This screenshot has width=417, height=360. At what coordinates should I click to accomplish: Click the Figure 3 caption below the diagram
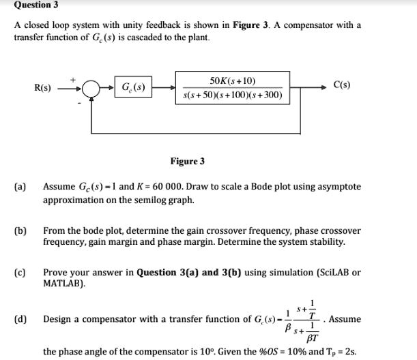point(187,162)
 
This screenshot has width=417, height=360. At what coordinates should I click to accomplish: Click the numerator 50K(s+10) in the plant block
point(233,80)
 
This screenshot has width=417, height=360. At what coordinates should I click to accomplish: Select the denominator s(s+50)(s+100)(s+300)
point(233,95)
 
